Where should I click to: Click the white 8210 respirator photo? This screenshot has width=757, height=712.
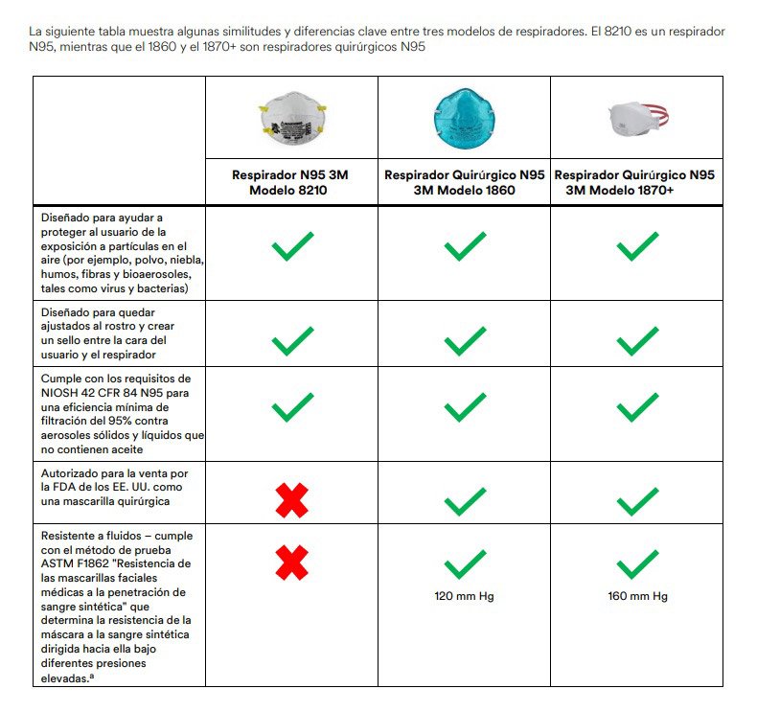pos(290,117)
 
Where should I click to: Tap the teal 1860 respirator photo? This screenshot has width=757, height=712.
pos(464,116)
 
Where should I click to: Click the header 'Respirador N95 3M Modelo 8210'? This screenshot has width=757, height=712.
pos(291,182)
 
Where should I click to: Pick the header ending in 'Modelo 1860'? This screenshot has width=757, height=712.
pos(464,182)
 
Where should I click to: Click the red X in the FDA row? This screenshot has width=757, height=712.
pos(292,499)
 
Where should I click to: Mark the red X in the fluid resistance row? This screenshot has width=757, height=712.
pos(292,563)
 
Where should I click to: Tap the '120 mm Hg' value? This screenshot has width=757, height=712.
pos(464,596)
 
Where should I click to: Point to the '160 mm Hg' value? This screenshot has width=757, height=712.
pos(636,596)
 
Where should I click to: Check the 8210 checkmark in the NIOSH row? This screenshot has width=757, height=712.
pos(292,406)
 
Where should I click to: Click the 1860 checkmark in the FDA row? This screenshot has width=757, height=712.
pos(465,499)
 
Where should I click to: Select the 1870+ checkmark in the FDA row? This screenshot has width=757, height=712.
pos(637,499)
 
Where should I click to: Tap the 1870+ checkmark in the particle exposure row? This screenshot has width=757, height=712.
pos(637,246)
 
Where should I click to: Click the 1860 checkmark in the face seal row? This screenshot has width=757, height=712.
pos(465,340)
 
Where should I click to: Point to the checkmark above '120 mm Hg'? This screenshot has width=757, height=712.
pos(465,563)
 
